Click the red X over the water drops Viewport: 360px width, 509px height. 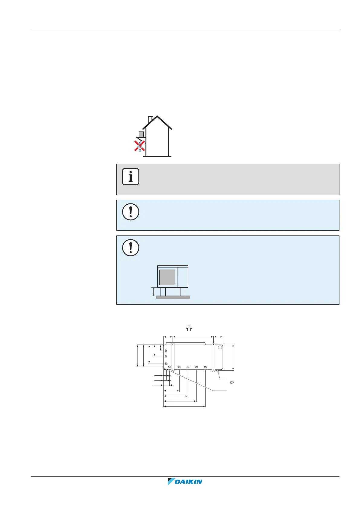click(140, 146)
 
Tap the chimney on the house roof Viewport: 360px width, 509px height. click(150, 120)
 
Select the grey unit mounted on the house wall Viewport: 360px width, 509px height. click(141, 134)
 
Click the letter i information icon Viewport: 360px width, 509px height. click(131, 177)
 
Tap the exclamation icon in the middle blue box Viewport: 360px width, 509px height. click(131, 212)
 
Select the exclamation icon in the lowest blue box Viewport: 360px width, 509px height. click(131, 248)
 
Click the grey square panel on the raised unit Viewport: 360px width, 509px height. click(167, 277)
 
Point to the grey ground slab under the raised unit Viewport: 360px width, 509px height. click(173, 297)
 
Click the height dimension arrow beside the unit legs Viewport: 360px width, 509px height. click(154, 292)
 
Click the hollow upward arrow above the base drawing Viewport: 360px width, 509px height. click(189, 328)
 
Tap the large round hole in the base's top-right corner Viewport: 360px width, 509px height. click(220, 348)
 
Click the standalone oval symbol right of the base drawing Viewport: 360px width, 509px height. click(232, 383)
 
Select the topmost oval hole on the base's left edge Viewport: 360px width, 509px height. click(166, 351)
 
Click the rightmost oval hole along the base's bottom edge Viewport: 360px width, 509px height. click(206, 367)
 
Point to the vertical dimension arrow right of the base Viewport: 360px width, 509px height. click(233, 357)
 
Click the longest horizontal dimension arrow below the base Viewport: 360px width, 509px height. click(184, 407)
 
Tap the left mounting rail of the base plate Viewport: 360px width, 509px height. click(173, 357)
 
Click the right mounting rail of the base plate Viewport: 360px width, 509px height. click(214, 357)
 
